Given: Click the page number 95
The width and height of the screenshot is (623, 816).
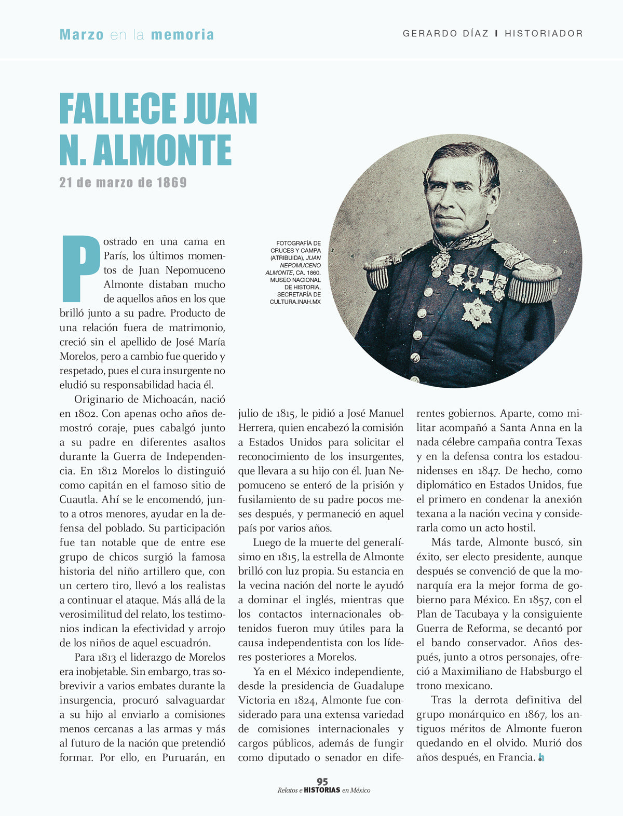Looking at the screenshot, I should point(322,782).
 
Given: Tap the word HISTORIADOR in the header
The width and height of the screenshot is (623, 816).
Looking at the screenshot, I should point(544,34).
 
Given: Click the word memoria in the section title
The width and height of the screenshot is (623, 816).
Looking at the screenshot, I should point(182,35).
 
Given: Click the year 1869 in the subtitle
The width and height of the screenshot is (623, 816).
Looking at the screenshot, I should point(171,183).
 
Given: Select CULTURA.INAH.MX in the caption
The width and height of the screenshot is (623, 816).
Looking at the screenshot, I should point(295,302).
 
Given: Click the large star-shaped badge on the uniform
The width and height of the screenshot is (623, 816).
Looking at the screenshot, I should point(476,312).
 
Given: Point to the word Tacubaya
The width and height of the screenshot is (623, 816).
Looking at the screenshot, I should point(457,614).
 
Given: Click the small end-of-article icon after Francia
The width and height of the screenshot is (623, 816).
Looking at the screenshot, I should point(541,758).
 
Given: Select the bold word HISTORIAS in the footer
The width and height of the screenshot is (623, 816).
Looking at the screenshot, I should point(322,791).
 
